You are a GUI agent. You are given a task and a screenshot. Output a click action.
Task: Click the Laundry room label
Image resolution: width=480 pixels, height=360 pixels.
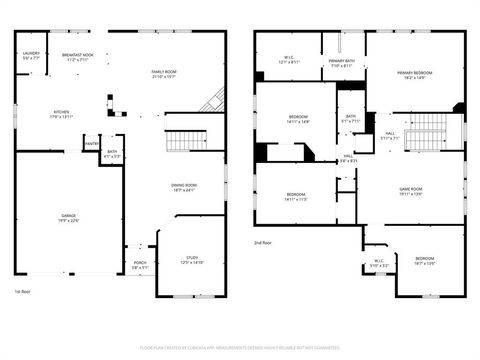point(31,55)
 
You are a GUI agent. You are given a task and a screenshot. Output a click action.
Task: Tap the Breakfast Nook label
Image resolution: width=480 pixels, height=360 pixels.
point(78,57)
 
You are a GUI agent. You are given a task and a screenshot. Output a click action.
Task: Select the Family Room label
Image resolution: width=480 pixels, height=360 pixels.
point(164,74)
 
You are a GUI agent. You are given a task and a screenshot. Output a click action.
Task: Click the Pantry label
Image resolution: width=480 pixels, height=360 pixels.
point(91,143)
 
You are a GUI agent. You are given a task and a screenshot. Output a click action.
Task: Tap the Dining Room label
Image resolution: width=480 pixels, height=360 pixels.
point(183,187)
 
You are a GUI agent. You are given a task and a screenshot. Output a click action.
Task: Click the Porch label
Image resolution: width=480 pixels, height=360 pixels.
point(139,265)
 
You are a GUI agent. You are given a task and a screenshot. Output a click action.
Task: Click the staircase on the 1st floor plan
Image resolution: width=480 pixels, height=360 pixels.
point(181,141)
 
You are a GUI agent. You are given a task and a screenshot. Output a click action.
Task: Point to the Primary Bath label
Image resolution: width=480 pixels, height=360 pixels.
point(341,63)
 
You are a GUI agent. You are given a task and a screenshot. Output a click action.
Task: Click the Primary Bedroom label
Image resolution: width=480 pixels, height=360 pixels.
point(415,75)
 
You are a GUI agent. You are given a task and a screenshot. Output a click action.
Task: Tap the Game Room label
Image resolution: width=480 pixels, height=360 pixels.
point(412,191)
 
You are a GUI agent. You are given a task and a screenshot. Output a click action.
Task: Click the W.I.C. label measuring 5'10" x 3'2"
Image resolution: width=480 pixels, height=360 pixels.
point(379,264)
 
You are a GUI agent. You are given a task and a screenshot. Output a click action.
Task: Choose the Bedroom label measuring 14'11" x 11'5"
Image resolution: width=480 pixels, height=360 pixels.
point(296,196)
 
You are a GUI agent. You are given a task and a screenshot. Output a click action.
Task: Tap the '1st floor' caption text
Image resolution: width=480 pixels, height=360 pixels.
point(22,291)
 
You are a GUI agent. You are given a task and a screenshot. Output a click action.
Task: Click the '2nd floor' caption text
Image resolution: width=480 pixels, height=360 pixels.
point(264,242)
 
